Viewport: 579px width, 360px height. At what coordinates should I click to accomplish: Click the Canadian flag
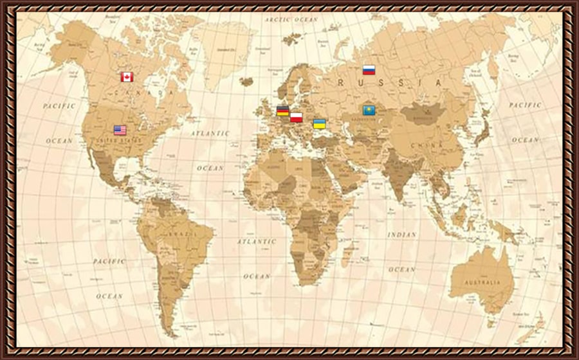127,77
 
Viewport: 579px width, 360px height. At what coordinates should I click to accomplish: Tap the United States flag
120,130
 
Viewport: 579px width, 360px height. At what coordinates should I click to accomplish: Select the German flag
282,111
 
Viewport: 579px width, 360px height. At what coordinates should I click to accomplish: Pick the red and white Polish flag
296,117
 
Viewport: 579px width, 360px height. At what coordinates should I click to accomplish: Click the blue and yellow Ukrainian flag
319,123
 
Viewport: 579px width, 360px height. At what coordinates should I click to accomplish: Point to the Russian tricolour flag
369,70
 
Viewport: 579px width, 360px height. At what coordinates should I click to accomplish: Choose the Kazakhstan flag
369,110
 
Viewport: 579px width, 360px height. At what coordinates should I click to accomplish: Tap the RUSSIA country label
390,83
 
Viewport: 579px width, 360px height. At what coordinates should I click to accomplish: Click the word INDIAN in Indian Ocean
401,235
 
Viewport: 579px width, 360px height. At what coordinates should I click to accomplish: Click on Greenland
222,42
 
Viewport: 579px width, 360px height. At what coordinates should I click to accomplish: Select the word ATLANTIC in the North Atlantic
210,133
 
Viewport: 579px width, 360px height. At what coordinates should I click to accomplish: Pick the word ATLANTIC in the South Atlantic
257,242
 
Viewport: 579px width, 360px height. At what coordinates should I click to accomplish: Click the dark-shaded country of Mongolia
421,114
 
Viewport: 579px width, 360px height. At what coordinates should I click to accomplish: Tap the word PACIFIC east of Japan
525,104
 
